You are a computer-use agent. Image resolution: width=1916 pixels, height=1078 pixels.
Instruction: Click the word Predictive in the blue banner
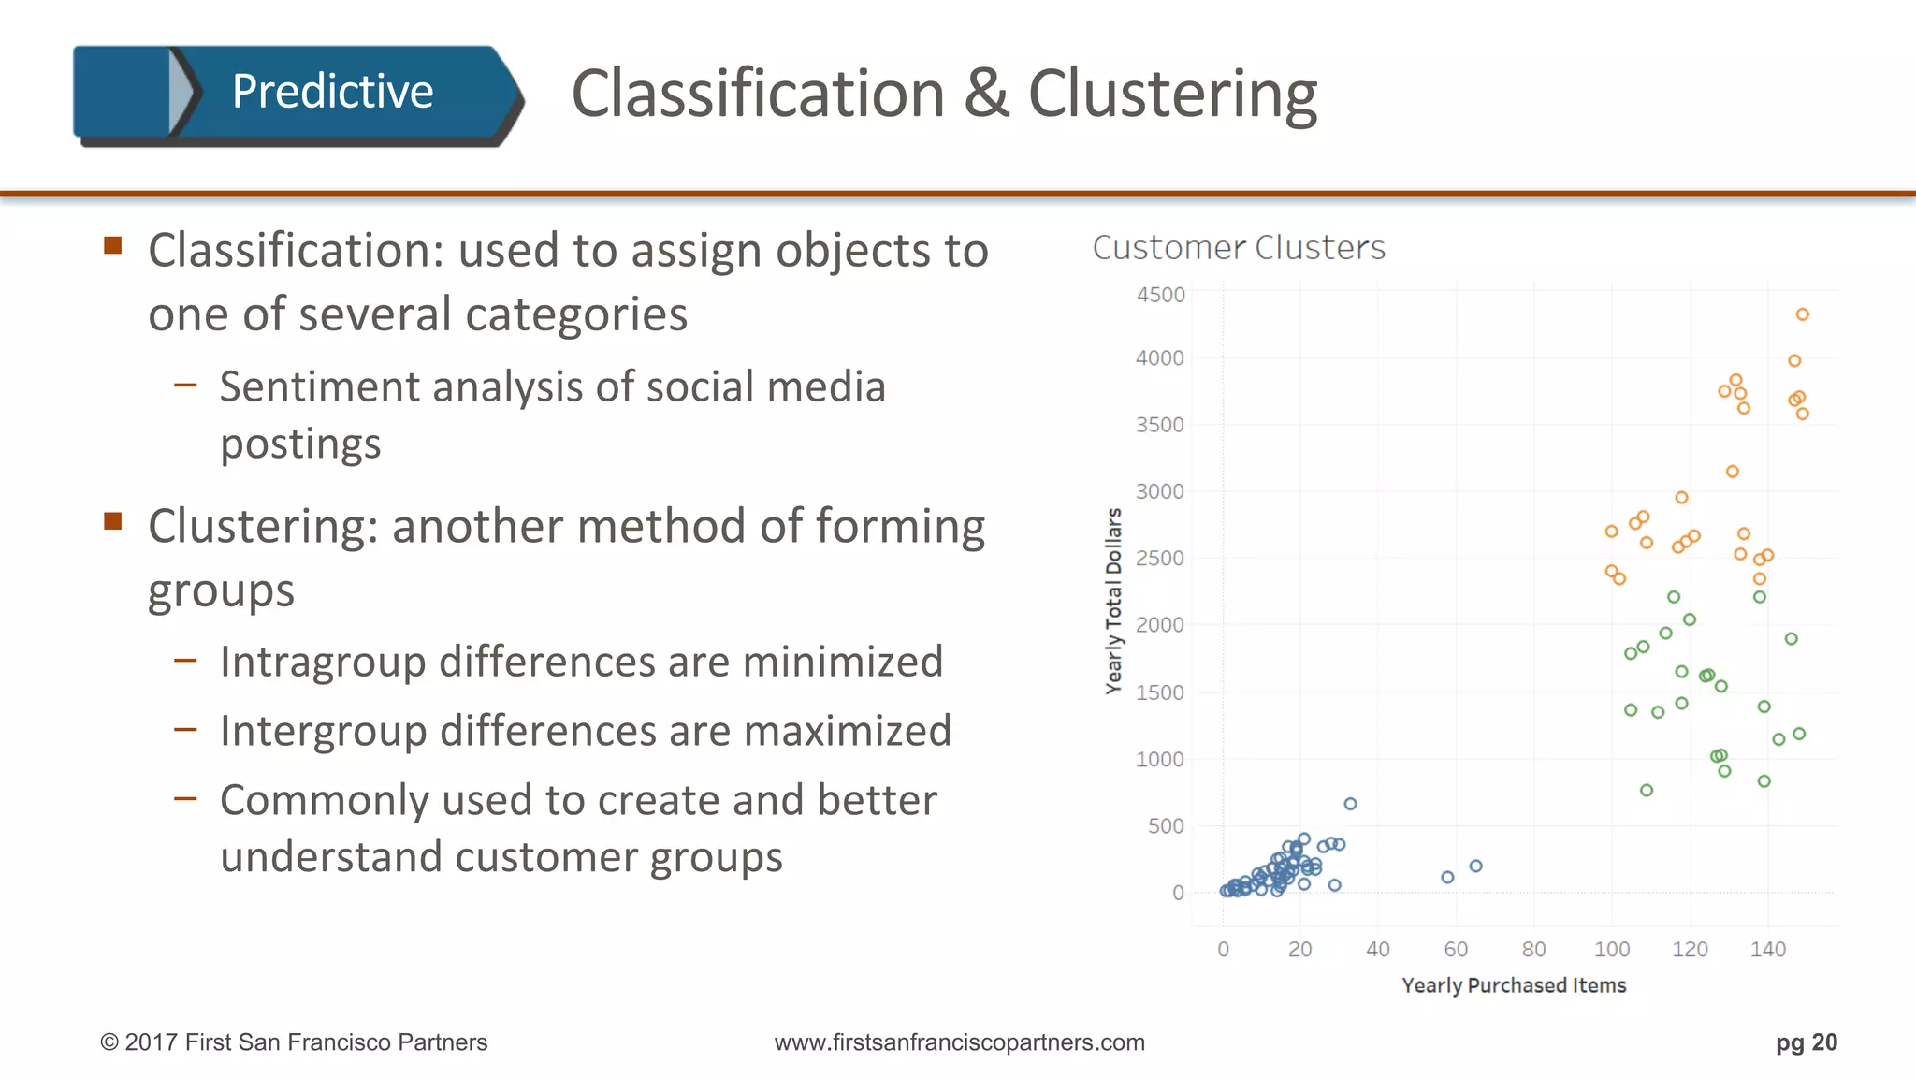(x=332, y=92)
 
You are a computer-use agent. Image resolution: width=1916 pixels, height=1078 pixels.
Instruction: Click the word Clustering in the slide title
(x=1172, y=95)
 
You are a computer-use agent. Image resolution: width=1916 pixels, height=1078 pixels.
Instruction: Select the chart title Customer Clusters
(x=1239, y=248)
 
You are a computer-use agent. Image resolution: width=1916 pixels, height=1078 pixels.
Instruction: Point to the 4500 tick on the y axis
(x=1160, y=295)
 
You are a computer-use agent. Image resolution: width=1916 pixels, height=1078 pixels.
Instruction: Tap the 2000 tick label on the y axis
(x=1160, y=624)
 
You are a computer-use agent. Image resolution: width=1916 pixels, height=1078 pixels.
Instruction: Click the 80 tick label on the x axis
(x=1533, y=949)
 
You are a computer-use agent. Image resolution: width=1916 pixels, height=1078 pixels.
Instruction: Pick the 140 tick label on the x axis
(x=1767, y=949)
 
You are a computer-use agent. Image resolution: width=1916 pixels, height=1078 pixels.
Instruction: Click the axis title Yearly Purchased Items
(x=1514, y=985)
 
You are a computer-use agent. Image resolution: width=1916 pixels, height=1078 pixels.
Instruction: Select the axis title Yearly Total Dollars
(x=1113, y=601)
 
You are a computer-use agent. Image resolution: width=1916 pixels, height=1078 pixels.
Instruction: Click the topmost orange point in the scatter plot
(x=1802, y=314)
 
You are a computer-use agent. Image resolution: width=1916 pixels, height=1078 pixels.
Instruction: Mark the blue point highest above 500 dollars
(x=1350, y=804)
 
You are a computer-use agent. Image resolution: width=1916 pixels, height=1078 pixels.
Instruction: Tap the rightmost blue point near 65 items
(x=1475, y=866)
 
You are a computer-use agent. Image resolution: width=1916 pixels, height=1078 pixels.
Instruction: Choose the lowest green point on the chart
(x=1647, y=790)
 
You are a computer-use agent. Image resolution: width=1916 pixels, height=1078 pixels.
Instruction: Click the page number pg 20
(x=1806, y=1042)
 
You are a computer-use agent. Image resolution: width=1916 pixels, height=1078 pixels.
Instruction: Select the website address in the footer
(x=959, y=1042)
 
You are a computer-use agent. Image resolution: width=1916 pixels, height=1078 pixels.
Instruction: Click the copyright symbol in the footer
(x=109, y=1042)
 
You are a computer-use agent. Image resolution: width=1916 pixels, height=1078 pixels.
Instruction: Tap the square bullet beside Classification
(x=113, y=246)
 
